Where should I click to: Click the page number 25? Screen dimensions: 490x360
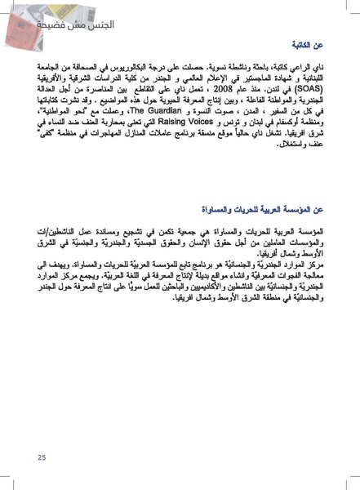coord(41,457)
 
